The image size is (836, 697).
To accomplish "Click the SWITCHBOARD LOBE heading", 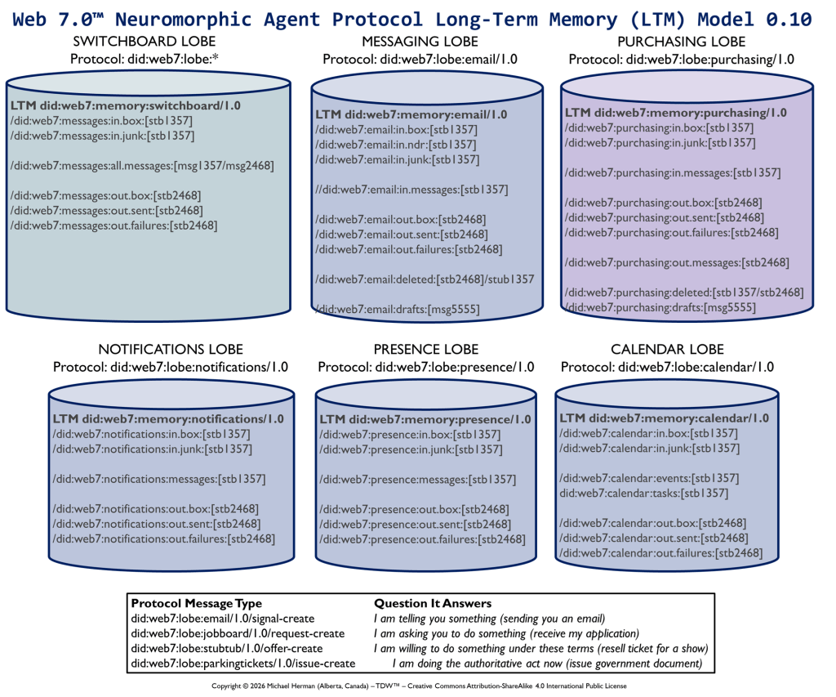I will click(x=145, y=42).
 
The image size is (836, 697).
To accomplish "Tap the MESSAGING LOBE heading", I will click(x=420, y=42).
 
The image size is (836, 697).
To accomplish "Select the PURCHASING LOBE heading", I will click(x=681, y=42).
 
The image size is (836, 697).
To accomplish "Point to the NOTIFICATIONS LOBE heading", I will click(x=170, y=350).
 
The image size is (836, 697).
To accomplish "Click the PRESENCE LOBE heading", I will click(x=426, y=350).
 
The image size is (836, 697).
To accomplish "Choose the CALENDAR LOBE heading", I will click(x=667, y=350).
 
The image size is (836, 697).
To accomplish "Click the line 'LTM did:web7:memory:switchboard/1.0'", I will click(x=126, y=106).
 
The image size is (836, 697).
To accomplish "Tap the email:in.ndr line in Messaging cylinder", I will click(x=396, y=145).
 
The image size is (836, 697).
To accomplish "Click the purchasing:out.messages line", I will click(x=677, y=262).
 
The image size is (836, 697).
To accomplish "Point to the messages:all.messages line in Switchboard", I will click(x=142, y=166).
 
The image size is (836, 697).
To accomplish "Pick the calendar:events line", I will click(x=649, y=478).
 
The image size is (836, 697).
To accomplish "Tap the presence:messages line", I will click(x=417, y=480).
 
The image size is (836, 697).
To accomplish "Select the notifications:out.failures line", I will click(x=163, y=538).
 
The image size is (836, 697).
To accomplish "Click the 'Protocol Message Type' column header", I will click(x=197, y=603).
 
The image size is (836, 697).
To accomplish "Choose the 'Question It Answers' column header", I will click(x=433, y=603).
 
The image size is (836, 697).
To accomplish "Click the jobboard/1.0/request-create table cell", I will click(x=238, y=633).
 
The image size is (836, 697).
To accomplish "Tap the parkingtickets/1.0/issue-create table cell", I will click(x=242, y=663).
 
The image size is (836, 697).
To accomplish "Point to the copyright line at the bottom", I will click(x=418, y=686).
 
